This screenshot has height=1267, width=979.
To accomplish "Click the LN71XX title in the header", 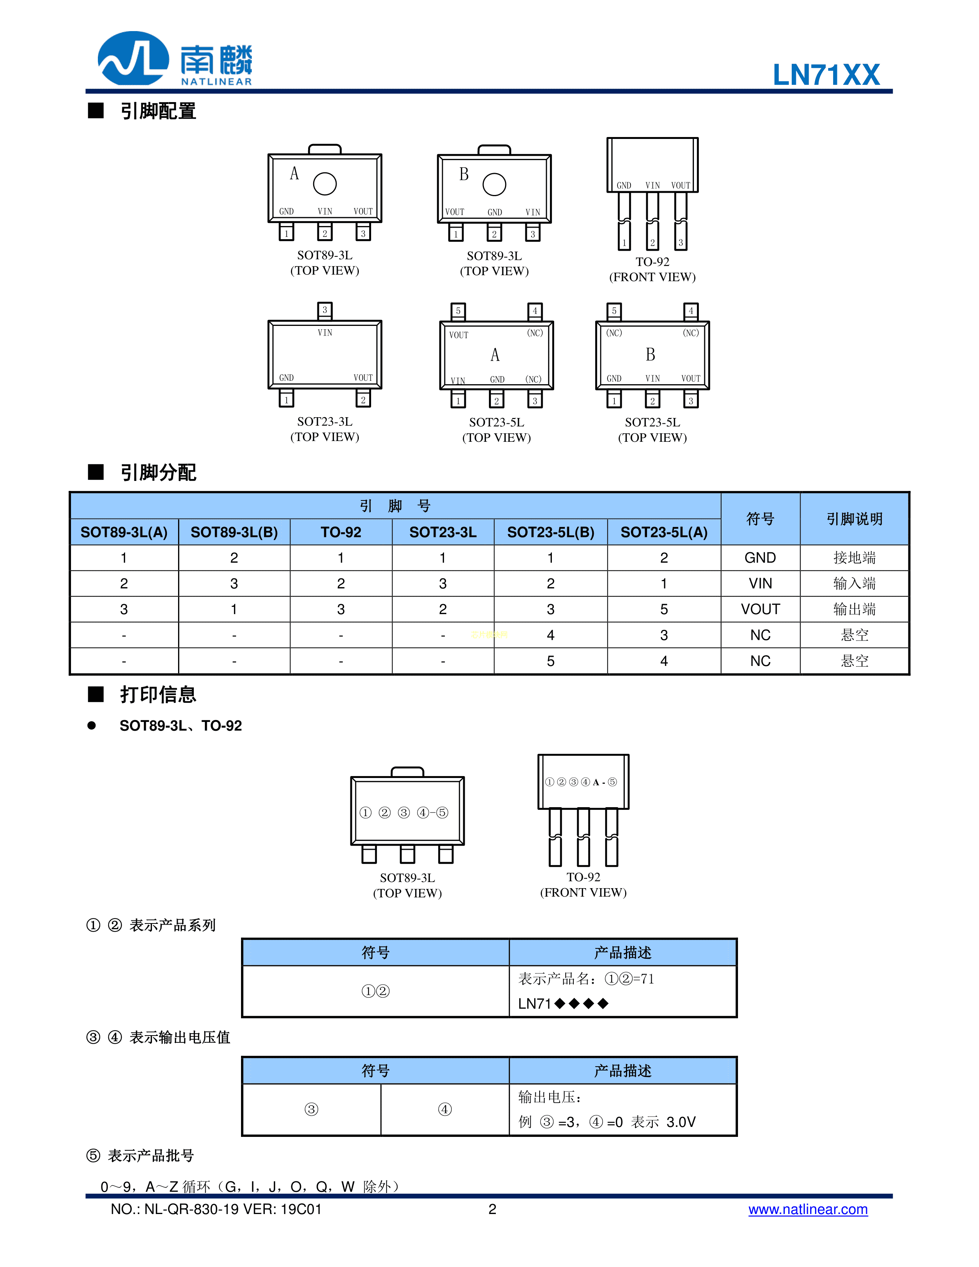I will point(826,75).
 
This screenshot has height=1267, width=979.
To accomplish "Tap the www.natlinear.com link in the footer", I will point(807,1209).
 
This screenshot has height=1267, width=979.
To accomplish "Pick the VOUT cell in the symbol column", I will point(760,609).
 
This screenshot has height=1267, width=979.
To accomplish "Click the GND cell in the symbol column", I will point(760,558).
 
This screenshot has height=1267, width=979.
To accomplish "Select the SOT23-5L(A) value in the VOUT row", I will point(664,609).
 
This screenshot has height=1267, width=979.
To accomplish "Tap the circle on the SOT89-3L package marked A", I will point(325,184).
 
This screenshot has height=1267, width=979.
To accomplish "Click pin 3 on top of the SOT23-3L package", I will point(325,310).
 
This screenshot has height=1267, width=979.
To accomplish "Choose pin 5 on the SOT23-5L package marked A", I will point(458,311).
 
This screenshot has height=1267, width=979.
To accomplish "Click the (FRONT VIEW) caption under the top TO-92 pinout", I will point(652,277).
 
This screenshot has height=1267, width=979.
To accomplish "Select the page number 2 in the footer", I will point(492,1209).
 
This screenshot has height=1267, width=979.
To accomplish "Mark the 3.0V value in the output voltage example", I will point(680,1122).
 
